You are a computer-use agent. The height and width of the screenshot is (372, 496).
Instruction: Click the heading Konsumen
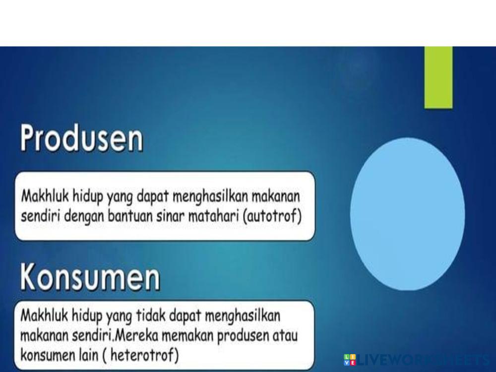pyautogui.click(x=90, y=277)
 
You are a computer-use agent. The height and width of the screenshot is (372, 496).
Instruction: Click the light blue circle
pyautogui.click(x=407, y=214)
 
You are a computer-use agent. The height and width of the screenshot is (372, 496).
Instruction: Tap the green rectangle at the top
pyautogui.click(x=438, y=77)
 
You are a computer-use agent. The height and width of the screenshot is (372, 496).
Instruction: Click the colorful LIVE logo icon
pyautogui.click(x=350, y=360)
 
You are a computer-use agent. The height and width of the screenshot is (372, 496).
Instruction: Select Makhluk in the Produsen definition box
pyautogui.click(x=45, y=196)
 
